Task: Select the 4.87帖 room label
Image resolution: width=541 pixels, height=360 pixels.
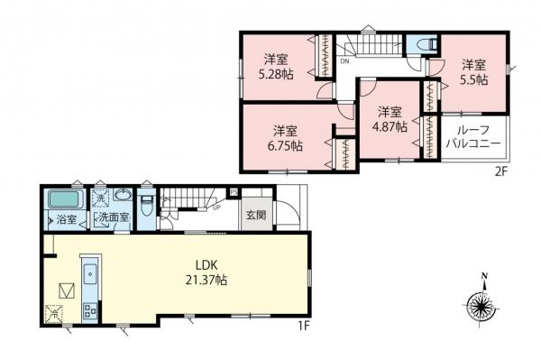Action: (390, 119)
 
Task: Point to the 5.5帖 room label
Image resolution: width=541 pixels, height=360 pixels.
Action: (474, 72)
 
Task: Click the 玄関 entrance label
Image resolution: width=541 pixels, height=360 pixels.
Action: (254, 215)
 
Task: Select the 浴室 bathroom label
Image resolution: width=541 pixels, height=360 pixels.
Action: (67, 219)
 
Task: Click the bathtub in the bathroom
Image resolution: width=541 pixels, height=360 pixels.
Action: (64, 198)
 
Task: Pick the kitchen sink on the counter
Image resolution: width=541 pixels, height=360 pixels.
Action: (90, 273)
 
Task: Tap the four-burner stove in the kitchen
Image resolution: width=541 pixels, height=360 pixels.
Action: (90, 309)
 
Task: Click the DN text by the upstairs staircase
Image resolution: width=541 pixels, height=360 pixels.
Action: (345, 63)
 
